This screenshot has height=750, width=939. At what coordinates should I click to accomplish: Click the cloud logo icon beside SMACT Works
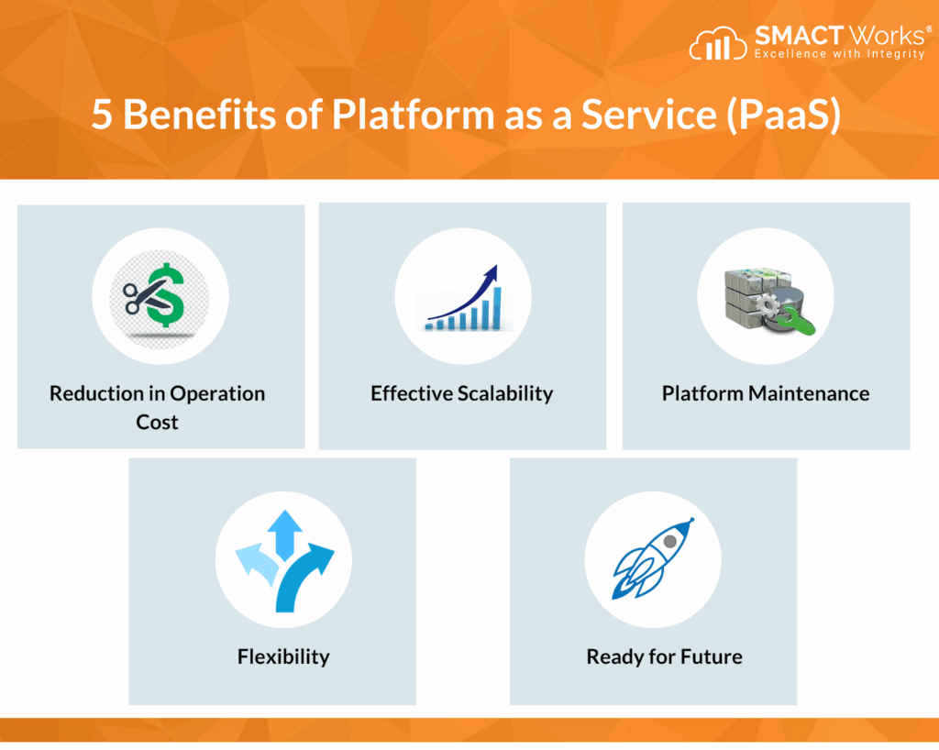coord(718,44)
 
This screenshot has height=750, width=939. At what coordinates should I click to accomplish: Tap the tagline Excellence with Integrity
coord(839,54)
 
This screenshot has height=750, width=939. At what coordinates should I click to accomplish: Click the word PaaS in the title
coord(784,114)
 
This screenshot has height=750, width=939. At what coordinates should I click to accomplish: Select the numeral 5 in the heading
coord(101,115)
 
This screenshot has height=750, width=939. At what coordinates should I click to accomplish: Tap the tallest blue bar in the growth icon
coord(496,308)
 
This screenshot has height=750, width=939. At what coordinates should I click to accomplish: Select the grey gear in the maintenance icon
coord(768,304)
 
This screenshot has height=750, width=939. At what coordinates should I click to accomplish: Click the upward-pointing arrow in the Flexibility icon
coord(284,535)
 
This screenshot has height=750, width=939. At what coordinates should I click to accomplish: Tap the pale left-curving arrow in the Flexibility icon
coord(258,564)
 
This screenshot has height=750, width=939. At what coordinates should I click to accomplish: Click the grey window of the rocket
coord(670,541)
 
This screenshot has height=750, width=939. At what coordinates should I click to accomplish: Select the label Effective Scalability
coord(462,393)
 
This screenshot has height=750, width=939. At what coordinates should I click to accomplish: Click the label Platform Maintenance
coord(766,393)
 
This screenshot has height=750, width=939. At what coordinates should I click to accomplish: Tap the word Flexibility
coord(283,656)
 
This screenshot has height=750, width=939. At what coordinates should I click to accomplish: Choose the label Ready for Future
coord(664,656)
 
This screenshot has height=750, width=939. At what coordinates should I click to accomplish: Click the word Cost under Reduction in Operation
coord(157,422)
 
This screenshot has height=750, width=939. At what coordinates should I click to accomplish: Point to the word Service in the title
coord(649,114)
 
